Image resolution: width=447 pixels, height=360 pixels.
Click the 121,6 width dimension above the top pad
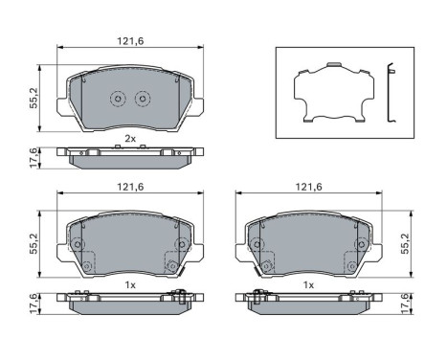coord(129,41)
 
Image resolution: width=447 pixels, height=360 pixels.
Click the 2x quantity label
coord(129,139)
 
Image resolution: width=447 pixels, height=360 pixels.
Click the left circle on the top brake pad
coord(118,98)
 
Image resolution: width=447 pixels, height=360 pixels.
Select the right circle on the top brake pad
coord(142,98)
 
